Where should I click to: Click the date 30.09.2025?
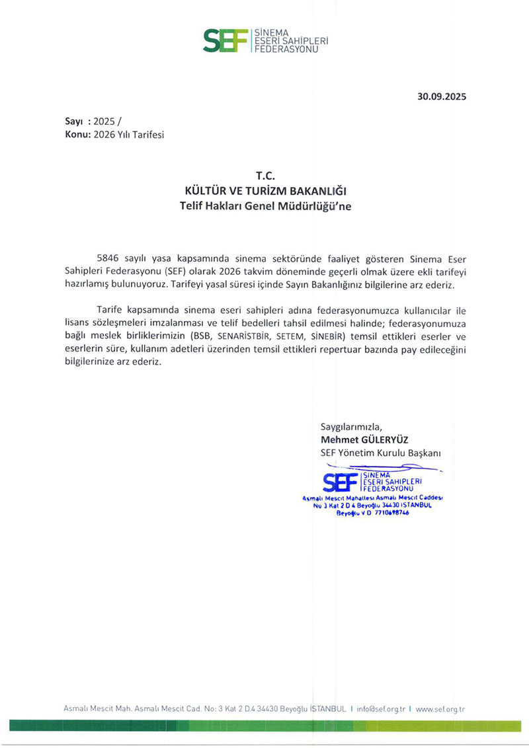pyautogui.click(x=442, y=96)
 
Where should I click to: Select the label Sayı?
pyautogui.click(x=73, y=121)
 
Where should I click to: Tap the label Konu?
pyautogui.click(x=76, y=134)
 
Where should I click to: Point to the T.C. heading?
pyautogui.click(x=264, y=176)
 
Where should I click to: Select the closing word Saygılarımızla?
pyautogui.click(x=351, y=426)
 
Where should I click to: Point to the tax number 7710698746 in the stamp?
pyautogui.click(x=386, y=513)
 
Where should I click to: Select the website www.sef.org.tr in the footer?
pyautogui.click(x=440, y=708)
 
